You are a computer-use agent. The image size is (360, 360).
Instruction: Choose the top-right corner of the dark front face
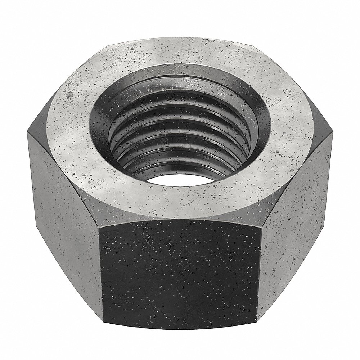pos(260,228)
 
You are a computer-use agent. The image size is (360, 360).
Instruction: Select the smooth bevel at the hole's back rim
pos(180,77)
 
